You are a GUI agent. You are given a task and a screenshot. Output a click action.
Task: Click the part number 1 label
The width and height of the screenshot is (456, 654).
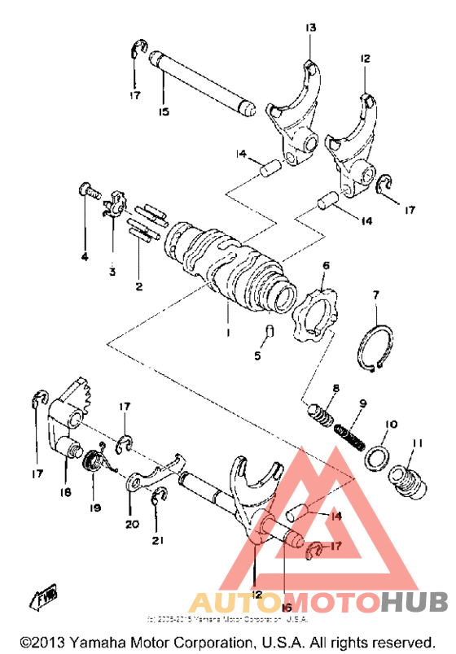pos(229,334)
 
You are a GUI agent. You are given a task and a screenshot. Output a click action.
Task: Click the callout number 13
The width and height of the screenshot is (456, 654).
pos(309,28)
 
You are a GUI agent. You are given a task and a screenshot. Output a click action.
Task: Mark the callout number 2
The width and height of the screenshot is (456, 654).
pos(138,286)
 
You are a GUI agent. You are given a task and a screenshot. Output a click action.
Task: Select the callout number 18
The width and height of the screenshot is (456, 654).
pos(65,492)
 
